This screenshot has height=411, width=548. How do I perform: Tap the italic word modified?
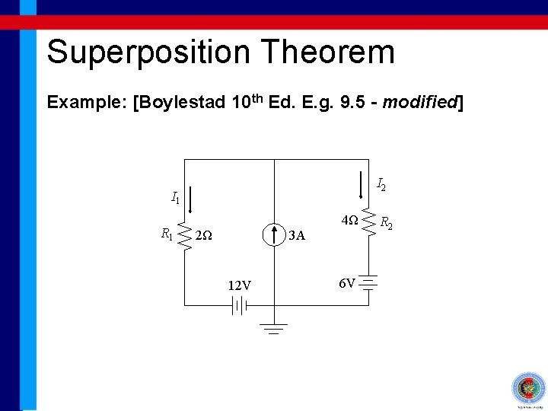pos(418,102)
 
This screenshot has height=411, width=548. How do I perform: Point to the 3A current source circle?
pos(272,235)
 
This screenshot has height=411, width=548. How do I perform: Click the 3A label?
pos(297,236)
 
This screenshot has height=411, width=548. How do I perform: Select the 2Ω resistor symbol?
pos(185,235)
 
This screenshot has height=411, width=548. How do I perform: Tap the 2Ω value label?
pos(203,236)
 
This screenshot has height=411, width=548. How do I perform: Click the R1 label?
pos(167,234)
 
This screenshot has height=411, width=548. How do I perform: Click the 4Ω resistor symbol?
pos(370,222)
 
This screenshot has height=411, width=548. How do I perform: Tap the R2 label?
pos(386,223)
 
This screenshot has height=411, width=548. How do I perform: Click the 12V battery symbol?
pos(240,305)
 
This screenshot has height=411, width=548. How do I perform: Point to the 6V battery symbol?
pos(370,284)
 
